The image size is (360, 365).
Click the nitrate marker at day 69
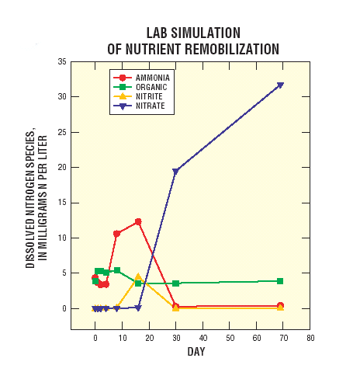[x=280, y=85]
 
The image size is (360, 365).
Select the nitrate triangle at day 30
[x=175, y=171]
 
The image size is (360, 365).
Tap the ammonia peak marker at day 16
[x=138, y=221]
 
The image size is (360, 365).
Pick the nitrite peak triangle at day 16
[x=138, y=277]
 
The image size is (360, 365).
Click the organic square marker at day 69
[x=280, y=281]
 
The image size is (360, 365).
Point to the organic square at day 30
[x=175, y=283]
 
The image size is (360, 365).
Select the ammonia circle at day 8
[x=116, y=233]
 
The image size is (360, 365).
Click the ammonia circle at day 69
[x=280, y=306]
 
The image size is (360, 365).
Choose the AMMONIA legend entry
[x=153, y=78]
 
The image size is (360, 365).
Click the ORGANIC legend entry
[x=151, y=87]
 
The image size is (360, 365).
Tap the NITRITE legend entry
[x=150, y=96]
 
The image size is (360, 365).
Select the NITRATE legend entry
[x=151, y=105]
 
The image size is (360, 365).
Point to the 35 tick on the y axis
[x=60, y=61]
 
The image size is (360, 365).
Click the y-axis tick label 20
[x=60, y=167]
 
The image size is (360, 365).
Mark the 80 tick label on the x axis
[x=310, y=339]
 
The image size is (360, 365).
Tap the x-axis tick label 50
[x=229, y=339]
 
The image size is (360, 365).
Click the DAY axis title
[x=196, y=353]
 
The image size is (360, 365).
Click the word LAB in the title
[x=158, y=33]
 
